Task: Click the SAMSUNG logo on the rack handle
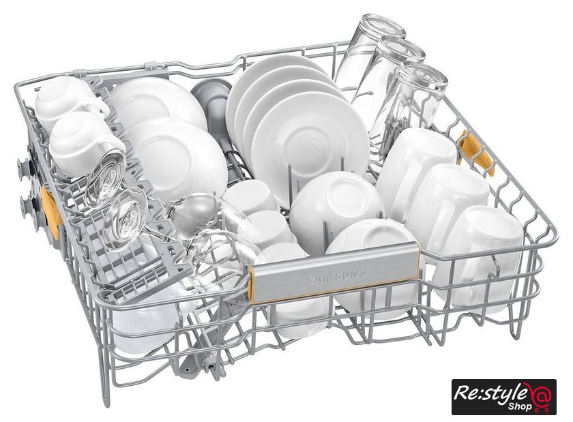pos(337,275)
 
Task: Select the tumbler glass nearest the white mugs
pos(411,106)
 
